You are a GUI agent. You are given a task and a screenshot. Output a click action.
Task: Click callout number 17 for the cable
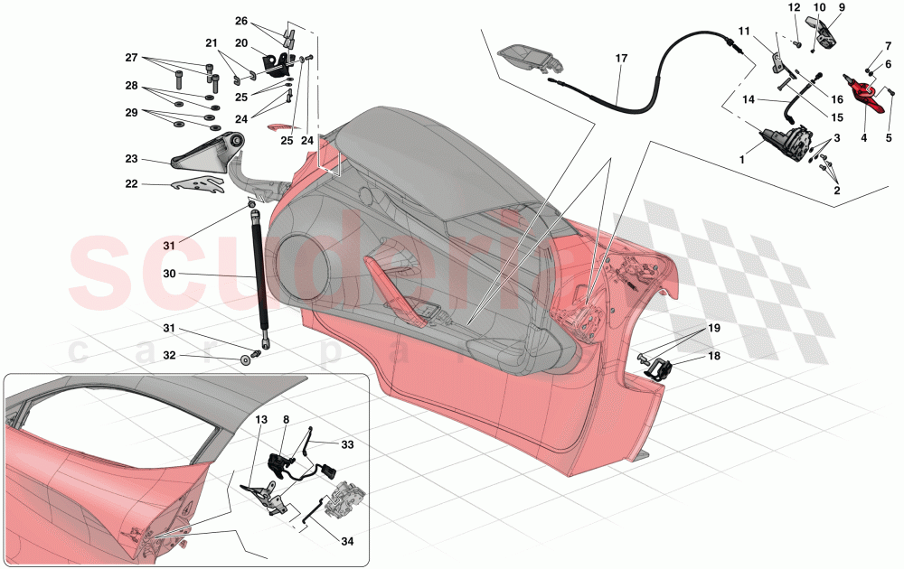(621, 59)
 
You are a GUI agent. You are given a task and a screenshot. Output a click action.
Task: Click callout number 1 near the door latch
(742, 159)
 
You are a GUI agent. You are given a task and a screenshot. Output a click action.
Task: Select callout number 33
(349, 443)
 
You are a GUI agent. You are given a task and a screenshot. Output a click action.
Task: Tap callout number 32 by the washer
(169, 356)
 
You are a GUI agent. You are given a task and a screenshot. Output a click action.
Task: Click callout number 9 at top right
(841, 7)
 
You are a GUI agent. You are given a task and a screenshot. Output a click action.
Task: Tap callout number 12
(795, 7)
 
